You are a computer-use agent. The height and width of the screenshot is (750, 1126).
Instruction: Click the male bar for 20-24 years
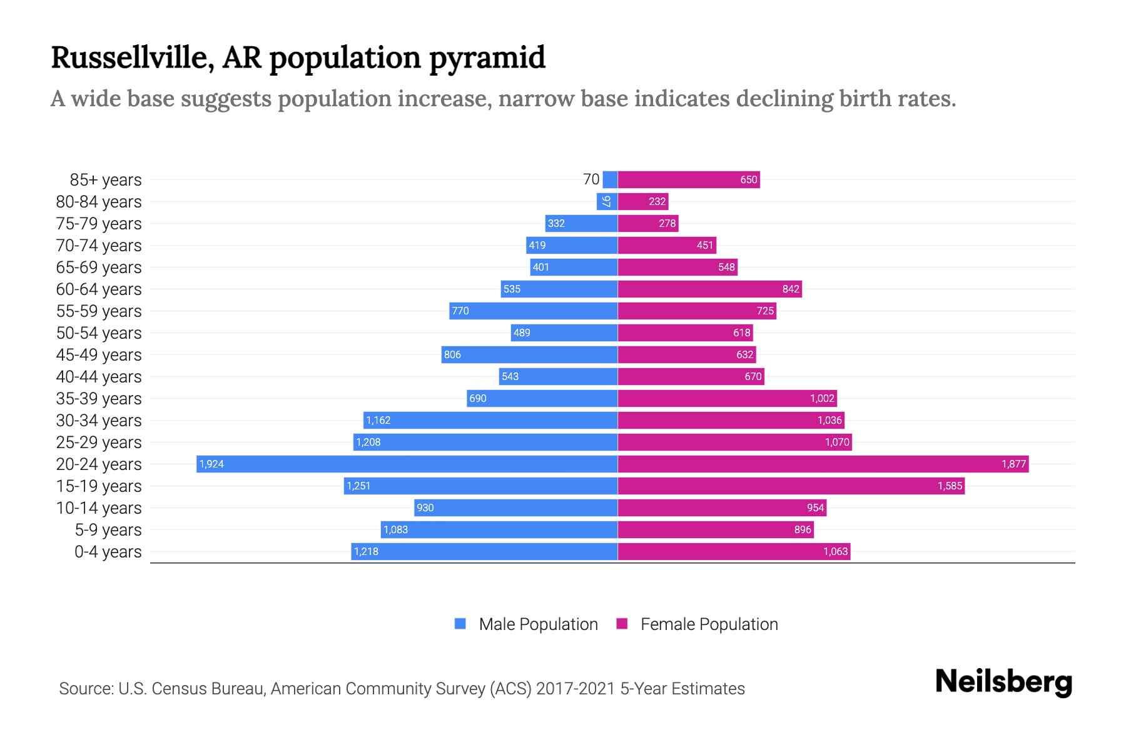[407, 464]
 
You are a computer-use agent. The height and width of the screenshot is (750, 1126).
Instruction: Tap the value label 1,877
[1013, 464]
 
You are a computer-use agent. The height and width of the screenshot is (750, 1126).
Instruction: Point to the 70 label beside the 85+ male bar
[591, 179]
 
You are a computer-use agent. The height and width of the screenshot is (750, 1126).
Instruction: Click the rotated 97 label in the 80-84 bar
[606, 201]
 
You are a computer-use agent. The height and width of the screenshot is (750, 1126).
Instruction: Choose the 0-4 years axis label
[108, 552]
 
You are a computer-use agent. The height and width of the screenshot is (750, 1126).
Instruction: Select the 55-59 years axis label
[99, 311]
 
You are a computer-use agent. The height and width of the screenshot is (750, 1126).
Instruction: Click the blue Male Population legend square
[460, 624]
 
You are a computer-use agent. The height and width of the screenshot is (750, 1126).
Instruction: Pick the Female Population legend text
[709, 624]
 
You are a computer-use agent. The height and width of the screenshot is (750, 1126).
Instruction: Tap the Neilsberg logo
[1003, 682]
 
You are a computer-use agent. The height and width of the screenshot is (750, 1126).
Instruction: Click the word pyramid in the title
[487, 57]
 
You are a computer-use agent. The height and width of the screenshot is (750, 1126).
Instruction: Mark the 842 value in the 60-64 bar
[791, 289]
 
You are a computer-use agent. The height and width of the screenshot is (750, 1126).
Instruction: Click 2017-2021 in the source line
[576, 689]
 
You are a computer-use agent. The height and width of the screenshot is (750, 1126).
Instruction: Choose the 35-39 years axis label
[99, 399]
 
